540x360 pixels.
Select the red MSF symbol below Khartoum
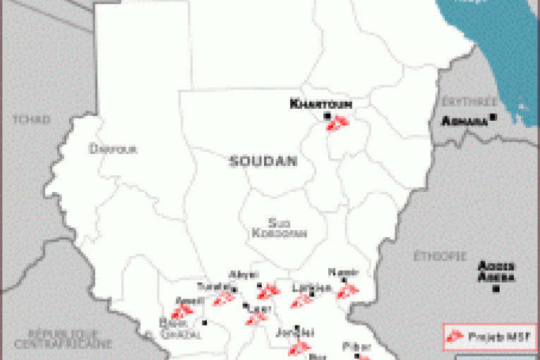337,124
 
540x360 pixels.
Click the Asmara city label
464,121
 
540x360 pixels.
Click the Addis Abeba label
496,271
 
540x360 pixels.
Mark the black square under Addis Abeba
497,289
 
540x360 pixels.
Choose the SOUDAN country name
263,162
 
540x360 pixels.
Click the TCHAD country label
31,119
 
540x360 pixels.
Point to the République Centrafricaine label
69,338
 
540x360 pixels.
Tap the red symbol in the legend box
456,334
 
